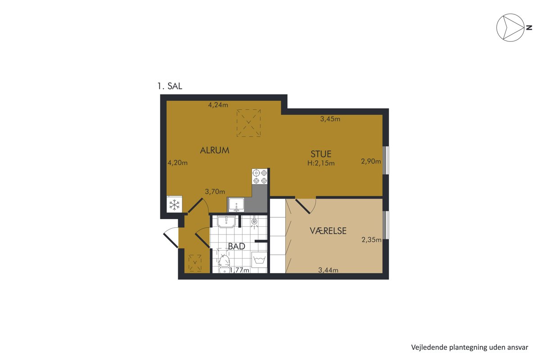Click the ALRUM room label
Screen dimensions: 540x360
tap(215, 150)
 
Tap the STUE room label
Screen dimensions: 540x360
tap(321, 154)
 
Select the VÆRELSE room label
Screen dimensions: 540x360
tap(328, 231)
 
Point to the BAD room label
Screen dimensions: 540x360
tap(237, 246)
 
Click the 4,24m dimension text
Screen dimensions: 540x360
tap(218, 105)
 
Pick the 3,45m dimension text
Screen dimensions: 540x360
tap(330, 119)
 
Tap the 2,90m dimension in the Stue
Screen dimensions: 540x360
tap(371, 161)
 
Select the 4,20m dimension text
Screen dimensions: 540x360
tap(178, 163)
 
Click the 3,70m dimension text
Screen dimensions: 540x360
tap(215, 191)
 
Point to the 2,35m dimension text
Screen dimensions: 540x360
tap(372, 240)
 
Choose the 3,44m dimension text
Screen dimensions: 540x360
tap(328, 270)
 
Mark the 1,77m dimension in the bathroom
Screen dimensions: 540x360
tap(239, 270)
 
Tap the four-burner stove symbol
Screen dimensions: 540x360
tap(260, 176)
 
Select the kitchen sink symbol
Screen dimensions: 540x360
tap(237, 205)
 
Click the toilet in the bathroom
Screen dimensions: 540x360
tap(225, 263)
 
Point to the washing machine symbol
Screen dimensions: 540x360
tap(259, 260)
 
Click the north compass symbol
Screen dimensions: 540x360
tap(510, 27)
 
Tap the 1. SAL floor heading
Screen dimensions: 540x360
tap(170, 86)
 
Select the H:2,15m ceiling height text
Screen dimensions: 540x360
tap(321, 163)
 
